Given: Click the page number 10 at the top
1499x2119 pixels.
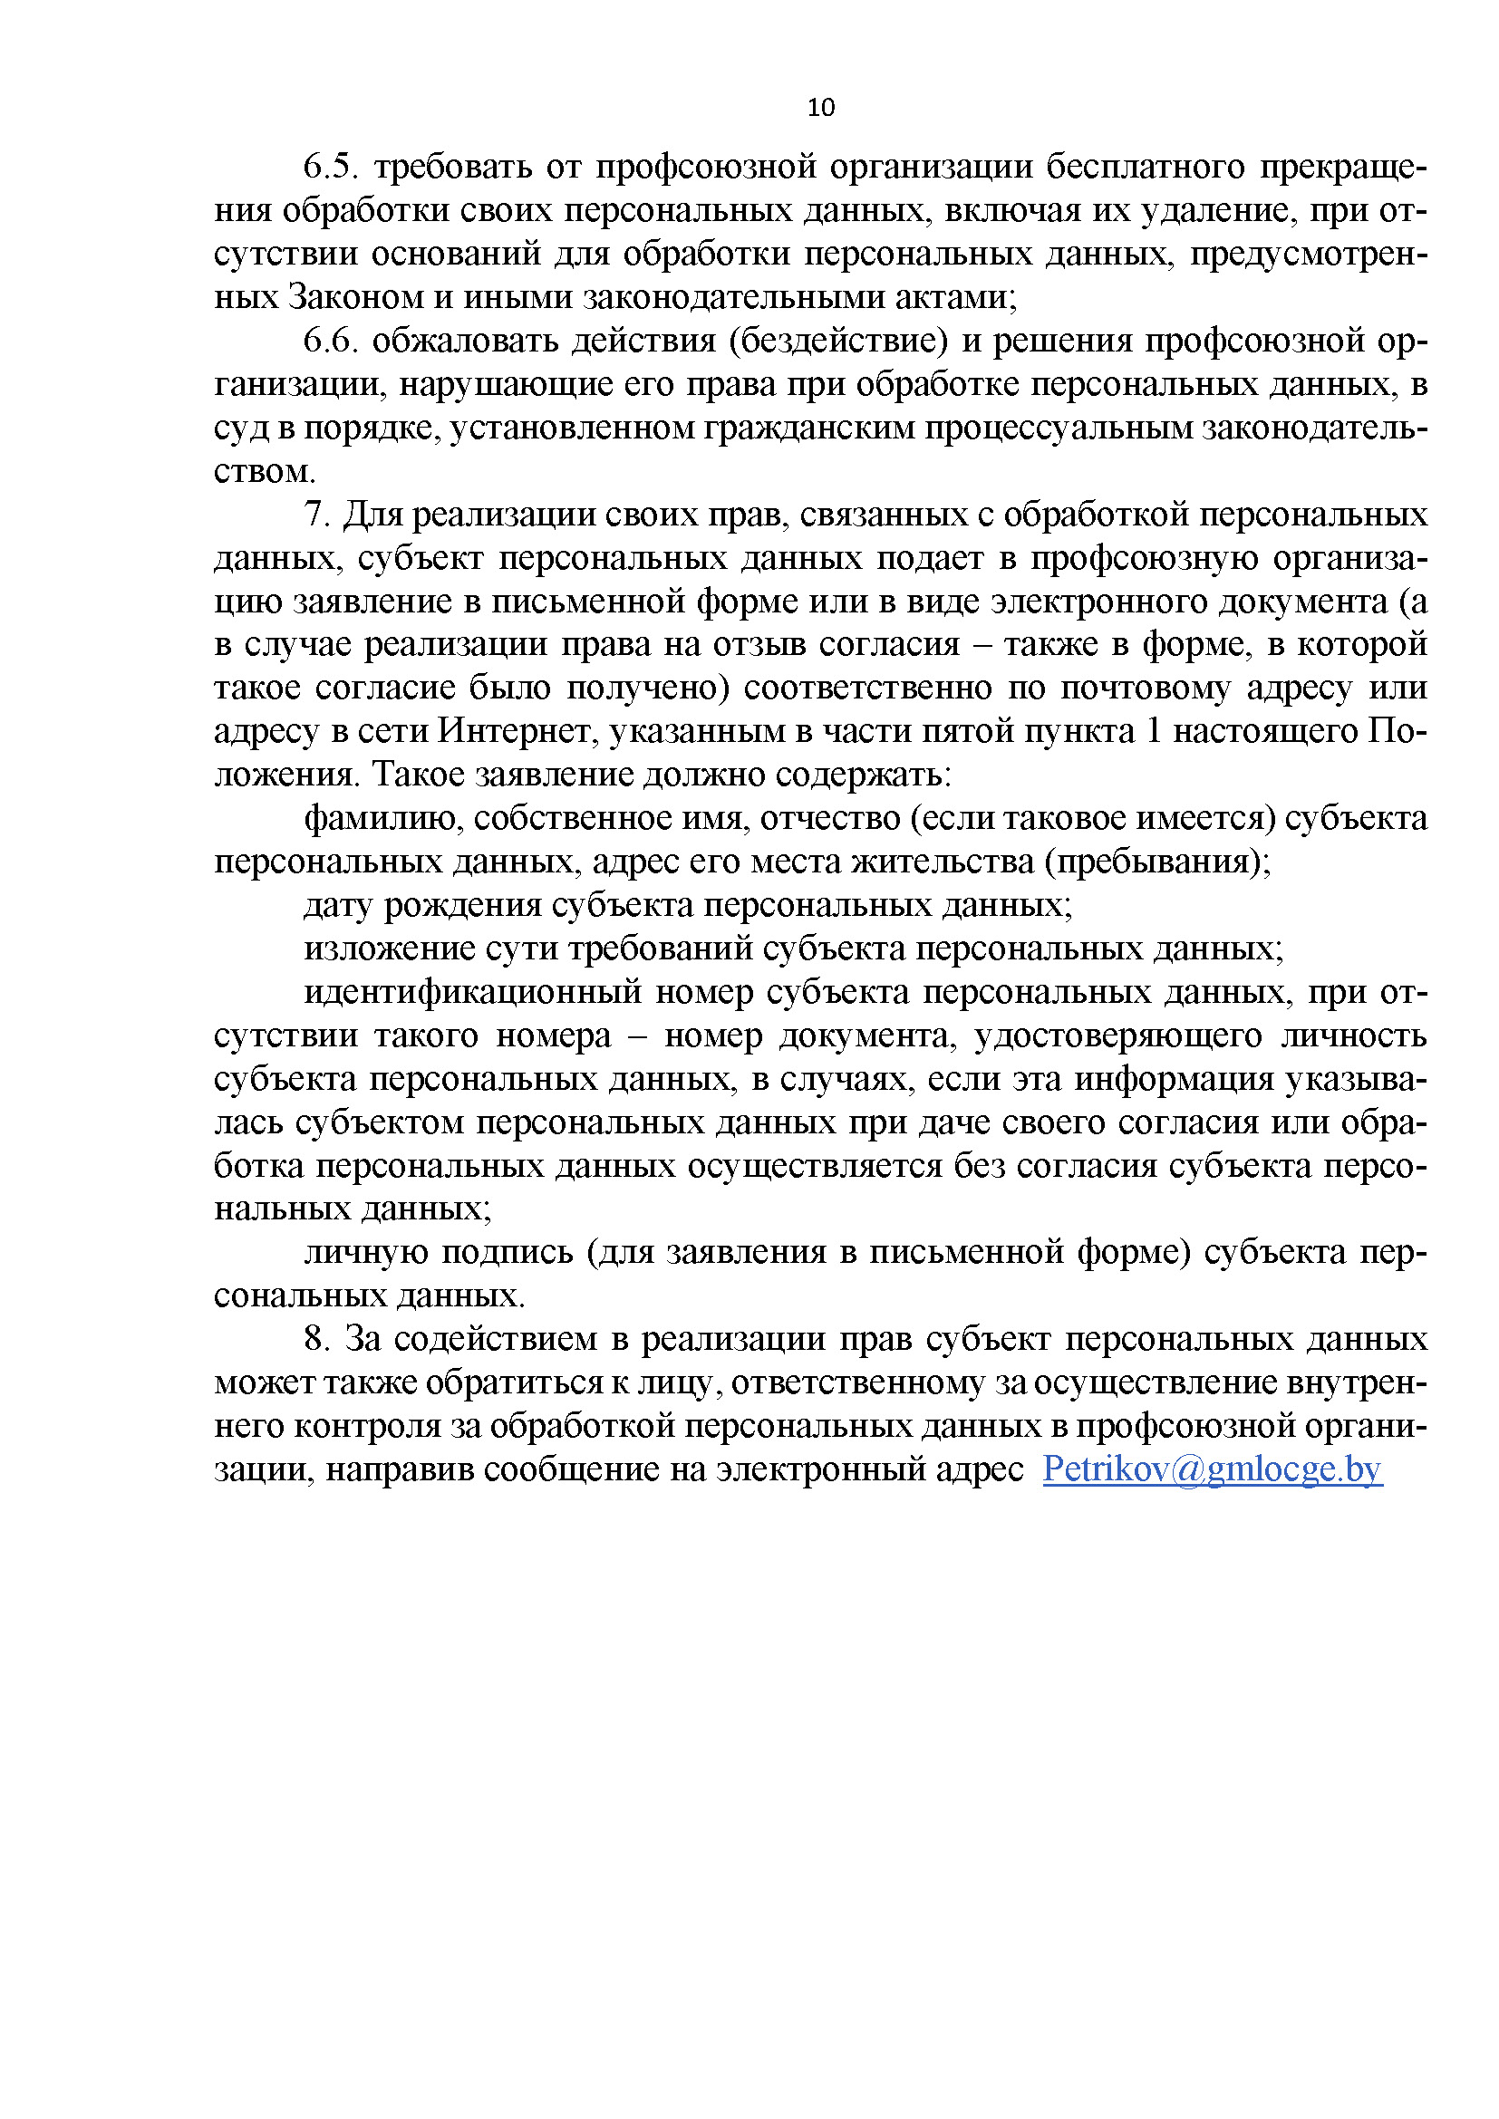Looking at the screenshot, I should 820,108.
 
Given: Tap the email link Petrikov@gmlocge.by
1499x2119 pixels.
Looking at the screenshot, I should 1212,1469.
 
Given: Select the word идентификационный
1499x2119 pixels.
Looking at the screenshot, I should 472,992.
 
